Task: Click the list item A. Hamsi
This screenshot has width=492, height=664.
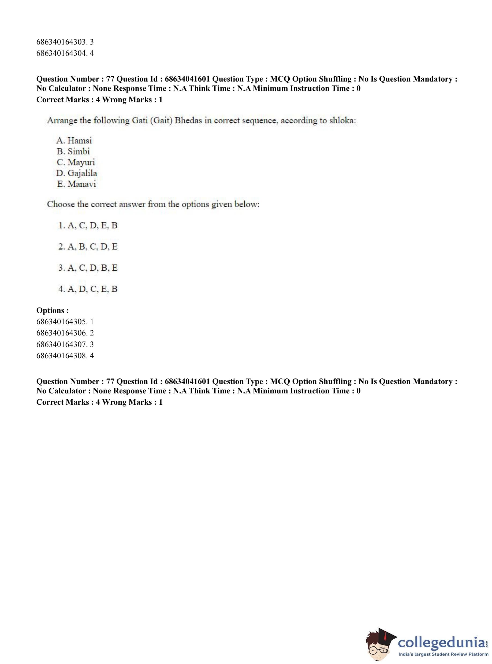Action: click(x=74, y=140)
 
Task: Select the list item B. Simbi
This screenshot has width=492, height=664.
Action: click(x=73, y=152)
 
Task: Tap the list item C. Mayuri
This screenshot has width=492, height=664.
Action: click(x=76, y=163)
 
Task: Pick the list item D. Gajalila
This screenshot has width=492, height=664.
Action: click(x=77, y=173)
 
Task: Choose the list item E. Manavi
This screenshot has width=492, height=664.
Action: click(x=76, y=184)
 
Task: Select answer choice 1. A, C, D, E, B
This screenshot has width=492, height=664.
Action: click(x=88, y=225)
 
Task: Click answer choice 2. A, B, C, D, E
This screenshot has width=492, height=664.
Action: click(x=88, y=246)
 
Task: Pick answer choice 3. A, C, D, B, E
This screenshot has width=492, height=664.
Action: click(x=88, y=268)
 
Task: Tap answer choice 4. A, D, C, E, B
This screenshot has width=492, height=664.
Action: click(x=88, y=289)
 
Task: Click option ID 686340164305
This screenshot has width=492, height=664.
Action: click(x=65, y=322)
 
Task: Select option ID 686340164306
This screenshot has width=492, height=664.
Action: click(x=65, y=333)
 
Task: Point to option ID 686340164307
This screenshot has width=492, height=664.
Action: click(x=65, y=344)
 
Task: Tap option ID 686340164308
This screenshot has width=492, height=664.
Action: click(x=65, y=356)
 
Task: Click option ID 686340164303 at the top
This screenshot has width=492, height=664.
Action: click(x=65, y=42)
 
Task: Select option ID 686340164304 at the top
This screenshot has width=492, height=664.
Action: click(x=65, y=53)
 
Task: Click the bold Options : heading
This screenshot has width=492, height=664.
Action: click(x=53, y=310)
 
